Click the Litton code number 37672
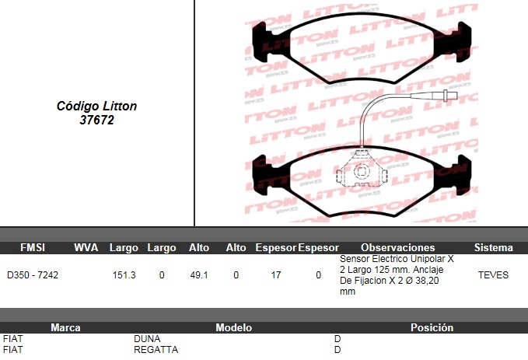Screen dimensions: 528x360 click(97, 120)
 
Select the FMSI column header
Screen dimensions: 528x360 click(33, 247)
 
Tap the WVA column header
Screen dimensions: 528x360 click(86, 247)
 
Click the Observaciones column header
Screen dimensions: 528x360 click(397, 247)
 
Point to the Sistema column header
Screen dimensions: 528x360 click(493, 247)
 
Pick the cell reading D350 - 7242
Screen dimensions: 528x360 click(33, 275)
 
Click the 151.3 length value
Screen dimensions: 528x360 click(124, 275)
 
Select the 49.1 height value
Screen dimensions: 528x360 click(199, 275)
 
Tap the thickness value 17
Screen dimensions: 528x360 click(276, 275)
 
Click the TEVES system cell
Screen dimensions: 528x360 click(493, 275)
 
